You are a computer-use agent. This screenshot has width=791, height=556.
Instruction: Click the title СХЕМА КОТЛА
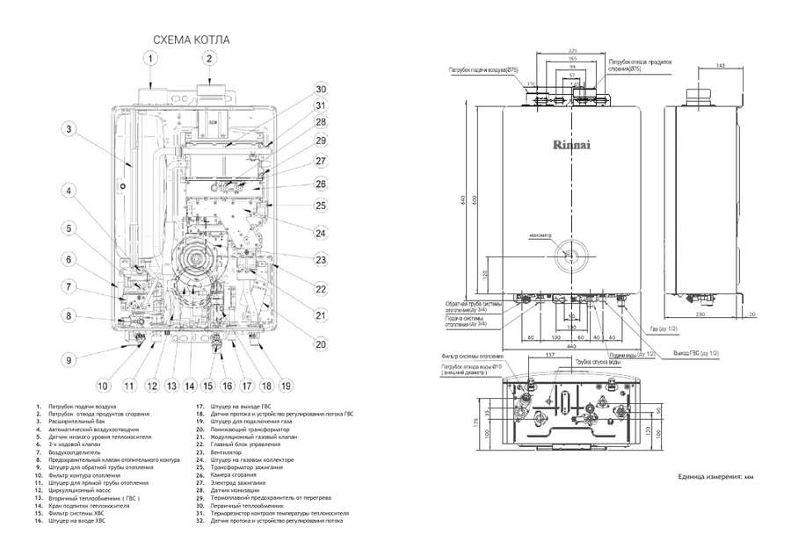tap(192, 40)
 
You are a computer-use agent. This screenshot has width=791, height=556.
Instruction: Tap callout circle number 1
tap(151, 59)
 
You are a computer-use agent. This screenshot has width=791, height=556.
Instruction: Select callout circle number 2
tap(209, 59)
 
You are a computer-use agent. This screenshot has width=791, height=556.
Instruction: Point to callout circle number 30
tap(321, 89)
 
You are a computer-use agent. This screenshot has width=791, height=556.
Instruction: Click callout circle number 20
tap(321, 344)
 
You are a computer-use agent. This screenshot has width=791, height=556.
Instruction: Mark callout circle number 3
tap(67, 129)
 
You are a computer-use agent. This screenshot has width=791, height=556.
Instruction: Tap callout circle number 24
tap(321, 233)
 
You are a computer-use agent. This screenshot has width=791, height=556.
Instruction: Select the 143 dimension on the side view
tap(720, 66)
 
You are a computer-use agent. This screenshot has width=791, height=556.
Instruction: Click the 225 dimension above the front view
tap(572, 50)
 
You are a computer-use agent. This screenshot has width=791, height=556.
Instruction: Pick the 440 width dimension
tap(572, 344)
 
